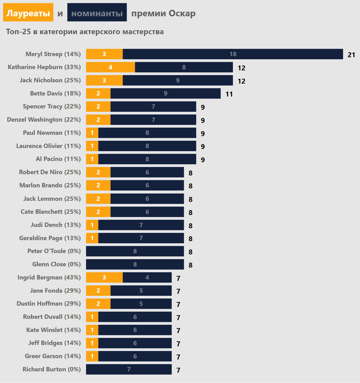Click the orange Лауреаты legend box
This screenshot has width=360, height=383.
tap(28, 13)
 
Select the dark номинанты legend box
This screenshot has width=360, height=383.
tap(97, 13)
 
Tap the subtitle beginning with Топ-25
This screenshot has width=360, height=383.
tap(85, 32)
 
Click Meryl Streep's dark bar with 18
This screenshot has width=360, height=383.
tap(233, 54)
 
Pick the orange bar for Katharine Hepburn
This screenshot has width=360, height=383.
tap(110, 67)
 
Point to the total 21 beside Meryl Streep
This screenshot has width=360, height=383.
tap(351, 55)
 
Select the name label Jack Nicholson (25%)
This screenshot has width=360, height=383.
tap(50, 80)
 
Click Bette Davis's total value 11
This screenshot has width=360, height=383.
tap(229, 94)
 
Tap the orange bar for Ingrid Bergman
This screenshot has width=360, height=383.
tap(104, 277)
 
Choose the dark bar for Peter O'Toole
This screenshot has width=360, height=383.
tap(135, 251)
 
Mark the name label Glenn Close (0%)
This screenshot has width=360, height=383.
tap(56, 264)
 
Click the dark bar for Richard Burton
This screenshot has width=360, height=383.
tap(129, 369)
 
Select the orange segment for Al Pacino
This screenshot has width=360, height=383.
tap(92, 159)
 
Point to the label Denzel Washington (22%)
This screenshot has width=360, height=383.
tap(44, 120)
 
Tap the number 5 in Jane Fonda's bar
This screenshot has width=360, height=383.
tap(141, 291)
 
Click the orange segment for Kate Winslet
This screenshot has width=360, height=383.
tap(92, 330)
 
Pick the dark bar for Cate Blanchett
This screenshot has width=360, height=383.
tap(147, 212)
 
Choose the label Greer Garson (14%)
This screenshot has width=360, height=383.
tap(53, 356)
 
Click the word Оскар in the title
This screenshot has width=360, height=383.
tap(182, 13)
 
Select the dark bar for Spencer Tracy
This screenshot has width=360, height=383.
tap(153, 107)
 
